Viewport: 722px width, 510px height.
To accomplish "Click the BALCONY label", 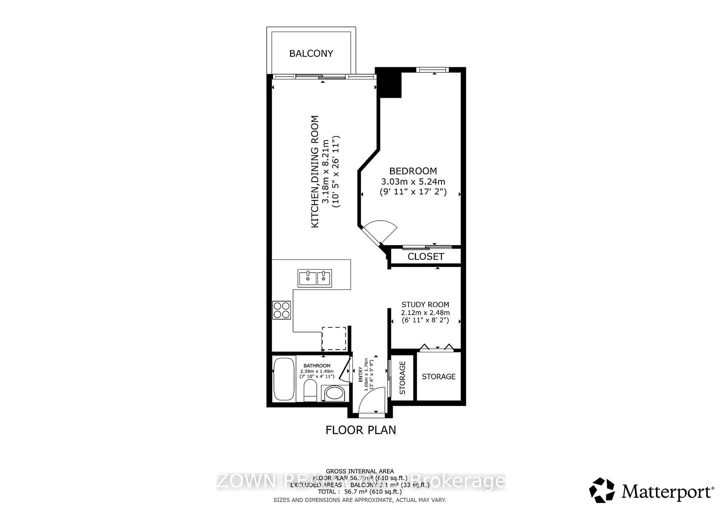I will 311,53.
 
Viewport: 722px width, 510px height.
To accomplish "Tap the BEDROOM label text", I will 413,171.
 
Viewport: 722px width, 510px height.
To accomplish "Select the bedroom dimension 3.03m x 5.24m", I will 413,182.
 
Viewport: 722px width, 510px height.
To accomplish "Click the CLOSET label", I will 426,257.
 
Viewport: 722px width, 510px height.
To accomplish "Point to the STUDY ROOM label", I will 425,304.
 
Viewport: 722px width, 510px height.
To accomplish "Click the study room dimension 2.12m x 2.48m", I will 425,313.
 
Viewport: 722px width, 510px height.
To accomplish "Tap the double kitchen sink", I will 315,278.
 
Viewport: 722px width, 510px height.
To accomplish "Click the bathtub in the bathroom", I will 284,379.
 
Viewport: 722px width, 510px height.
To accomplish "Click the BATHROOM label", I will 317,366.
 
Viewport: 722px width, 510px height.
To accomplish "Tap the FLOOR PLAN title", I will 361,430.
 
